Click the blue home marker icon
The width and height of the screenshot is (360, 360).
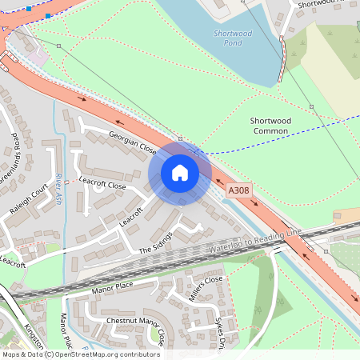[180, 173]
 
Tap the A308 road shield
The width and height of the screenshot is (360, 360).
[238, 191]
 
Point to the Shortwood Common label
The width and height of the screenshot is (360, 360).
[271, 126]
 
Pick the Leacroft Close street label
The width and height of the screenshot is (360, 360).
[103, 185]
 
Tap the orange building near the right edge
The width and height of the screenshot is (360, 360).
[346, 215]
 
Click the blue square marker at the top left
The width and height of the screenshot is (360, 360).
[30, 7]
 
